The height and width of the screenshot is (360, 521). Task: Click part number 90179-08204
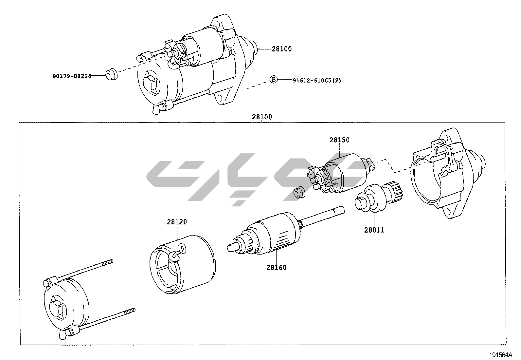(72, 76)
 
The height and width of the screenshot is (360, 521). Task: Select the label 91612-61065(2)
(316, 80)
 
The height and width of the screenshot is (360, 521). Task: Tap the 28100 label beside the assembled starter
(281, 49)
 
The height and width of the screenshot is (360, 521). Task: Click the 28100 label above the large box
(262, 117)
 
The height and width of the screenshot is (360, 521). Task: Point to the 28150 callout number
(339, 140)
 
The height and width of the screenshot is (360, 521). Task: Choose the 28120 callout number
(177, 222)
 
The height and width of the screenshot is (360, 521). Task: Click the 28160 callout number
(276, 267)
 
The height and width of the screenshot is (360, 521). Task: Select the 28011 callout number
(374, 230)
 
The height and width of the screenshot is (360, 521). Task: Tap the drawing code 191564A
(500, 355)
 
